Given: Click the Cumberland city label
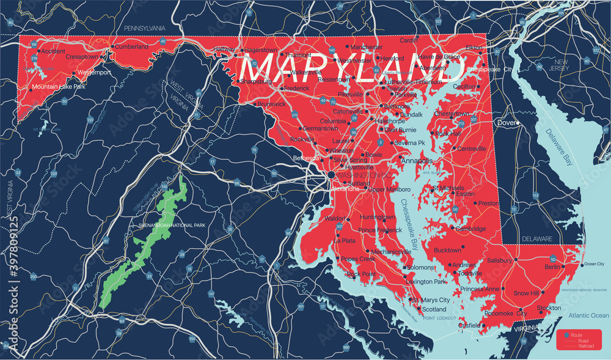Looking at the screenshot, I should coord(131,46).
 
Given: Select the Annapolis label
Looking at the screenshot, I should coord(417,161).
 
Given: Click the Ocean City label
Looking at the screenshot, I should coord(594,264).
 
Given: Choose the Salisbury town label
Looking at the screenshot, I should coord(500,260).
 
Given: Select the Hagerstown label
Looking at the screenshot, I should coord(264,50).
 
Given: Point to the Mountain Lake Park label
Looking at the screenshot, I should coord(59,87).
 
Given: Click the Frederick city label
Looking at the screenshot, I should coord(297,88).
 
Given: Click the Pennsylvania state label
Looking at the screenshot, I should coord(145,28).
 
